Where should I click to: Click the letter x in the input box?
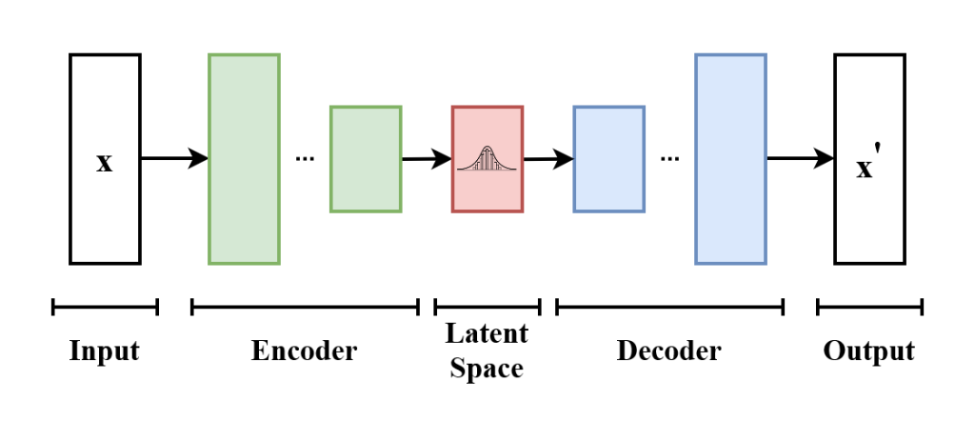[x=105, y=162]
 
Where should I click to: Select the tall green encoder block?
[x=244, y=159]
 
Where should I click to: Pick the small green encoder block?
[x=366, y=159]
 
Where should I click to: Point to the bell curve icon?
[x=487, y=159]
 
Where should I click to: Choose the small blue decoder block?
[x=608, y=159]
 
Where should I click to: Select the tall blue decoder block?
[x=730, y=159]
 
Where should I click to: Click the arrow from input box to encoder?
[x=174, y=159]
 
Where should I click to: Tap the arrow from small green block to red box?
[x=426, y=159]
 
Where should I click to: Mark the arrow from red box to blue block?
[x=547, y=159]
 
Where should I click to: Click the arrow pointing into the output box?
[x=800, y=159]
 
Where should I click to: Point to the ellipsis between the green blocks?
[x=305, y=159]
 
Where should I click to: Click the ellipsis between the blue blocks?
[x=669, y=159]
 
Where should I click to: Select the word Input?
[x=105, y=351]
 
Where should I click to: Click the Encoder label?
[x=305, y=351]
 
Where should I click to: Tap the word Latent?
[x=487, y=334]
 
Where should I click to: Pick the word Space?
[x=487, y=369]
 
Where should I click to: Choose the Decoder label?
[x=669, y=351]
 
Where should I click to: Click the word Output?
[x=869, y=351]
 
